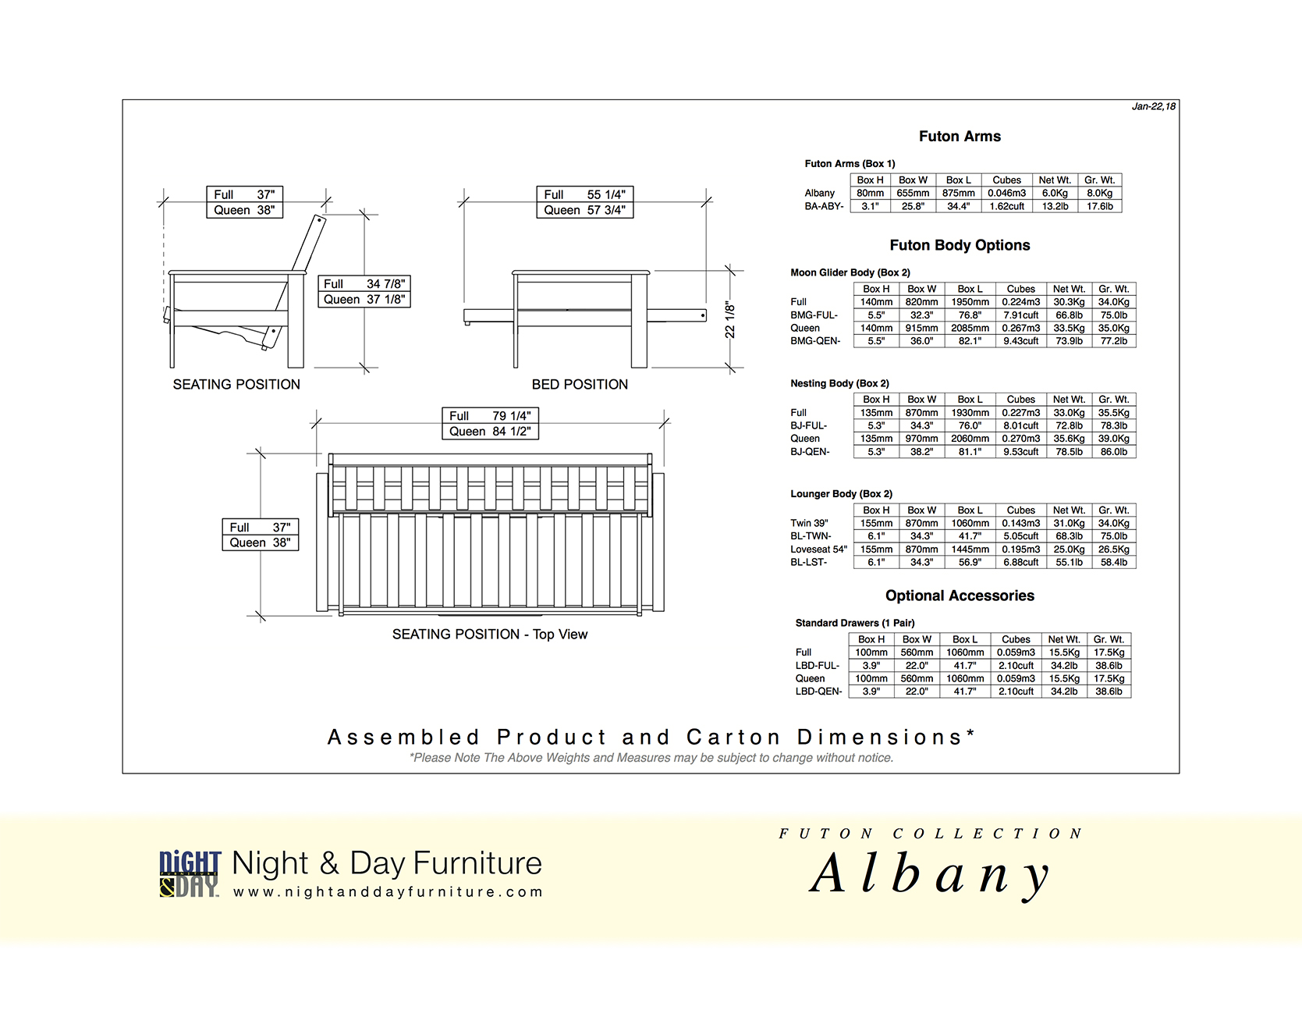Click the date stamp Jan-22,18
tap(1154, 106)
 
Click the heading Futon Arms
tap(960, 137)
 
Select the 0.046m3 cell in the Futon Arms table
tap(1006, 193)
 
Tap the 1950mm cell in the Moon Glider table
tap(970, 302)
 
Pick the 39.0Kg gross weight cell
tap(1113, 439)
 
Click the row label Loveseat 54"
tap(818, 549)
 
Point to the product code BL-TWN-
tap(811, 536)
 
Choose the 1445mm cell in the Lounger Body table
tap(970, 549)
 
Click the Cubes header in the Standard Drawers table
tap(1016, 639)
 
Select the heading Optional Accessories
tap(960, 596)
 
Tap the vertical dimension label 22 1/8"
tap(730, 320)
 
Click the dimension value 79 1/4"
tap(511, 416)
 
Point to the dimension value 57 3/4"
tap(606, 210)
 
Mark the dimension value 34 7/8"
tap(385, 284)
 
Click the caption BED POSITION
tap(580, 385)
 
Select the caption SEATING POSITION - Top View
tap(490, 635)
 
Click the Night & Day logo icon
tap(190, 874)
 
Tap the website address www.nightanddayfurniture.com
tap(388, 892)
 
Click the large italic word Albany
tap(930, 873)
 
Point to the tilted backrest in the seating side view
tap(309, 243)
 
